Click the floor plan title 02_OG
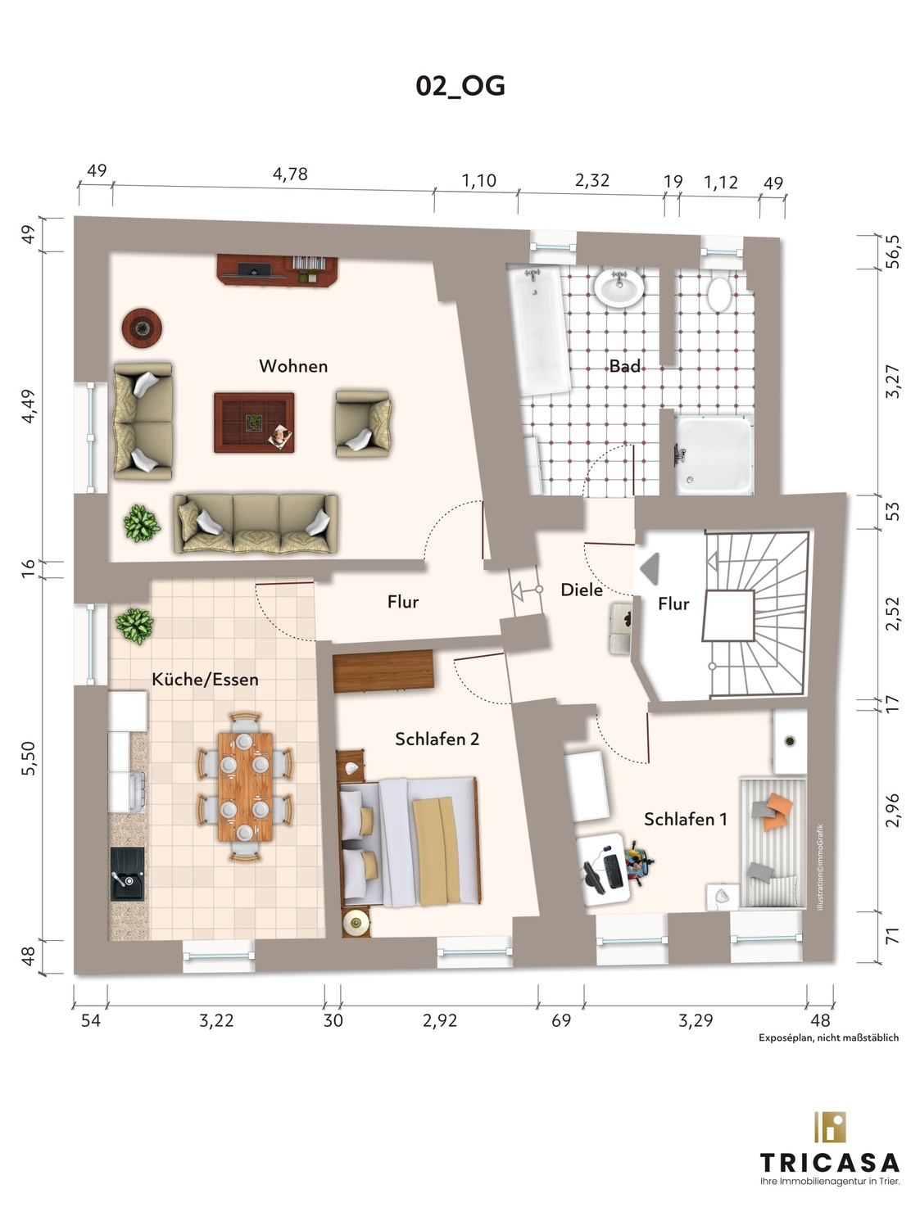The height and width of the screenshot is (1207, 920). [460, 86]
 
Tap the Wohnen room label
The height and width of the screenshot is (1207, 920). [293, 366]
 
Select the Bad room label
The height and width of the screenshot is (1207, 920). [625, 366]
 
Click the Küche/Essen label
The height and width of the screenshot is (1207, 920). [205, 679]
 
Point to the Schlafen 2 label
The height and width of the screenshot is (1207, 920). [437, 739]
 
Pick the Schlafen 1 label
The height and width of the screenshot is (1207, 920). [686, 820]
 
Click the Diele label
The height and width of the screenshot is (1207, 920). [582, 590]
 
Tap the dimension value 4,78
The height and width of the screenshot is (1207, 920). [290, 174]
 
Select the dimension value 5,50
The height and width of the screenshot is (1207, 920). [29, 758]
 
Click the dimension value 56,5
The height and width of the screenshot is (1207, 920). [894, 251]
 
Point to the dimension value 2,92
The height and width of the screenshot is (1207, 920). [440, 1020]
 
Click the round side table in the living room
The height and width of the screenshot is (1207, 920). [142, 328]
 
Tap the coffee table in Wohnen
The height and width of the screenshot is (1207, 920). [254, 423]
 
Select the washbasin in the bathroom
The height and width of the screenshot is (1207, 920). [619, 287]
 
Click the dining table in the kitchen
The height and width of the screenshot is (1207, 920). [245, 786]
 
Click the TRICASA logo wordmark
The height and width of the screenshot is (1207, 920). [830, 1163]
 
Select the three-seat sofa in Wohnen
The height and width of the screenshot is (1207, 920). [256, 523]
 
